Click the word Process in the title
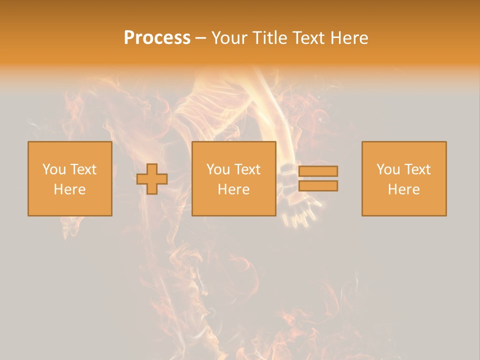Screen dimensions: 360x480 pyautogui.click(x=157, y=38)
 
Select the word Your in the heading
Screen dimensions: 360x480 pyautogui.click(x=229, y=38)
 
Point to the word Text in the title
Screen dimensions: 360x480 pyautogui.click(x=308, y=38)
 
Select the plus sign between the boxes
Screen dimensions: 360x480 pyautogui.click(x=152, y=179)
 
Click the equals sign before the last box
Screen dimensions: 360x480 pyautogui.click(x=318, y=178)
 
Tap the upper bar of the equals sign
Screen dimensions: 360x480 pyautogui.click(x=318, y=171)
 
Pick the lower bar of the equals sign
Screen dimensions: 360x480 pyautogui.click(x=318, y=185)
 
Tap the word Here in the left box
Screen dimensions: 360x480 pyautogui.click(x=69, y=189)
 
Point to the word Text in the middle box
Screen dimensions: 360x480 pyautogui.click(x=247, y=169)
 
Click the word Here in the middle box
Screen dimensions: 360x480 pyautogui.click(x=233, y=189)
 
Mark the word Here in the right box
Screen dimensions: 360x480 pyautogui.click(x=403, y=189)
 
